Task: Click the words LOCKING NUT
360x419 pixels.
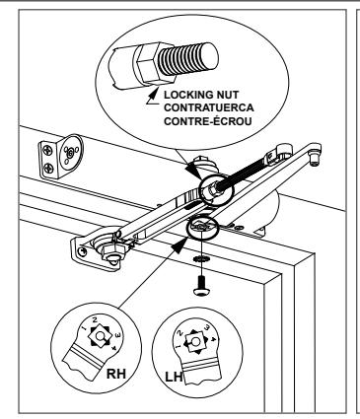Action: point(201,95)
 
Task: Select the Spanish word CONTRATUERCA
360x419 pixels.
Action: point(209,107)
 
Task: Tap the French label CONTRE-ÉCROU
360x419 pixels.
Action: point(208,121)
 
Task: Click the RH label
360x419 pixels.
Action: point(116,374)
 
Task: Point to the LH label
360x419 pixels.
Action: point(174,377)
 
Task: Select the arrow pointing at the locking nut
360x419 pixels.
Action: point(153,97)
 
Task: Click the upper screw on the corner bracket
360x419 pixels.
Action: point(48,151)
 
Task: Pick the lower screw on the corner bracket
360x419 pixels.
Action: point(49,169)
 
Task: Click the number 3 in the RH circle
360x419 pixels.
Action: point(118,335)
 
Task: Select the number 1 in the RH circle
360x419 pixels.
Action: point(85,328)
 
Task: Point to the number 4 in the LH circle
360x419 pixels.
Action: point(214,339)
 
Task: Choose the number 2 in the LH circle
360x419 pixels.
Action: point(180,333)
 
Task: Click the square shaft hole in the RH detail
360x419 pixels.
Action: point(101,336)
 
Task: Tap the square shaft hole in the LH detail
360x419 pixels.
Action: point(196,342)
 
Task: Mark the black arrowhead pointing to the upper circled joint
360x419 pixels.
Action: point(193,171)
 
